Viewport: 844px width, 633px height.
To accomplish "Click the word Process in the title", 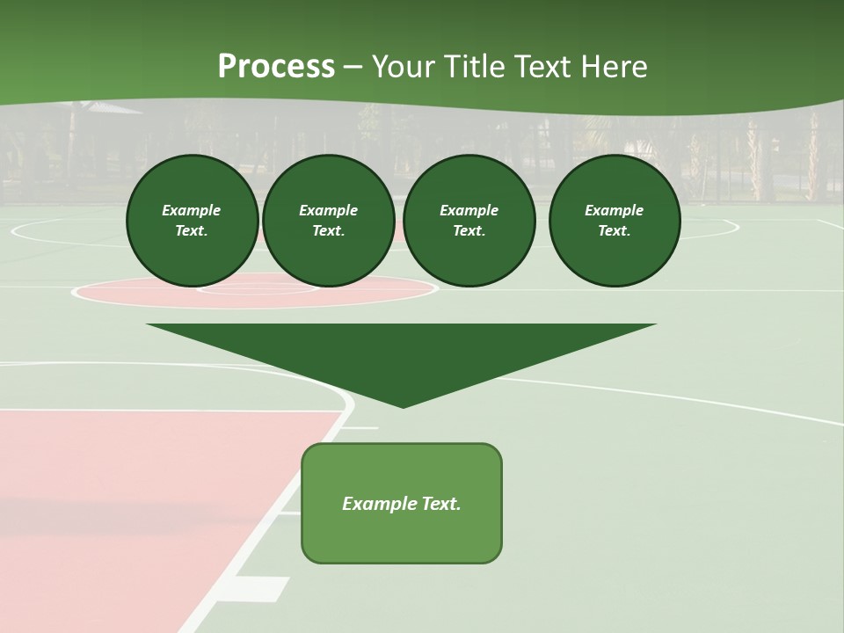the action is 276,67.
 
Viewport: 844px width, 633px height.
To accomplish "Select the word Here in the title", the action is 614,67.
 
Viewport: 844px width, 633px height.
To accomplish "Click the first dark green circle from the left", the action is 192,220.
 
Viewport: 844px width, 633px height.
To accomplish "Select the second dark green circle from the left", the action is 328,220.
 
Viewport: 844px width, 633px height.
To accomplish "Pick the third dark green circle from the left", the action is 469,220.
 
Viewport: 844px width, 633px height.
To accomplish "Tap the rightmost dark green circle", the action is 614,220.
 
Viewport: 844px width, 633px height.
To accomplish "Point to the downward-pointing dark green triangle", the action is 401,356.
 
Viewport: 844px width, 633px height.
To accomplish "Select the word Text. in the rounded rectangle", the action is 440,504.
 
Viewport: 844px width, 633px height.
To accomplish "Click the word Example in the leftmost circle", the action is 192,210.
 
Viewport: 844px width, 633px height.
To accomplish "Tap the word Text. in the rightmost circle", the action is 614,230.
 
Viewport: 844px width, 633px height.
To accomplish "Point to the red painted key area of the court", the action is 132,510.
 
